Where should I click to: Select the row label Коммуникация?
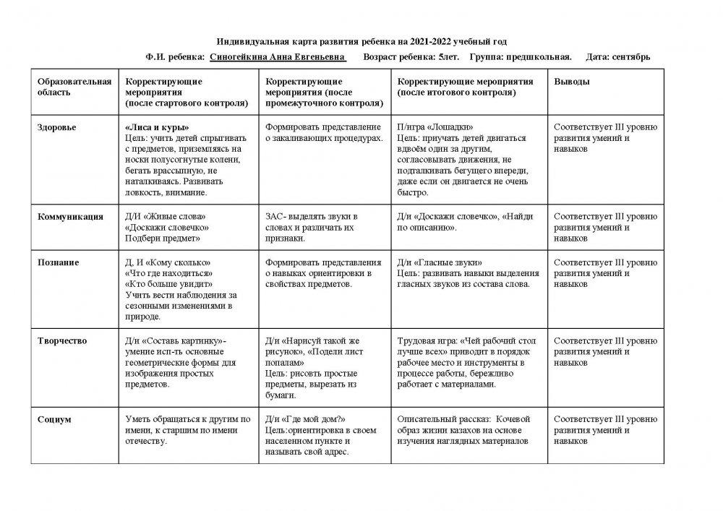coord(70,217)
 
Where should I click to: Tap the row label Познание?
coord(59,262)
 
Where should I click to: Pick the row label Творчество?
coord(62,340)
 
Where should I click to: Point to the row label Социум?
coord(54,419)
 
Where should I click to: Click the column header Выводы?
coord(571,82)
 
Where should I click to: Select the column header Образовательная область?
coord(74,87)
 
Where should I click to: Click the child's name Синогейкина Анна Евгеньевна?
coord(277,56)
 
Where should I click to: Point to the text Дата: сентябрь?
coord(618,56)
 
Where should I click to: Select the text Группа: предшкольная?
coord(521,56)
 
